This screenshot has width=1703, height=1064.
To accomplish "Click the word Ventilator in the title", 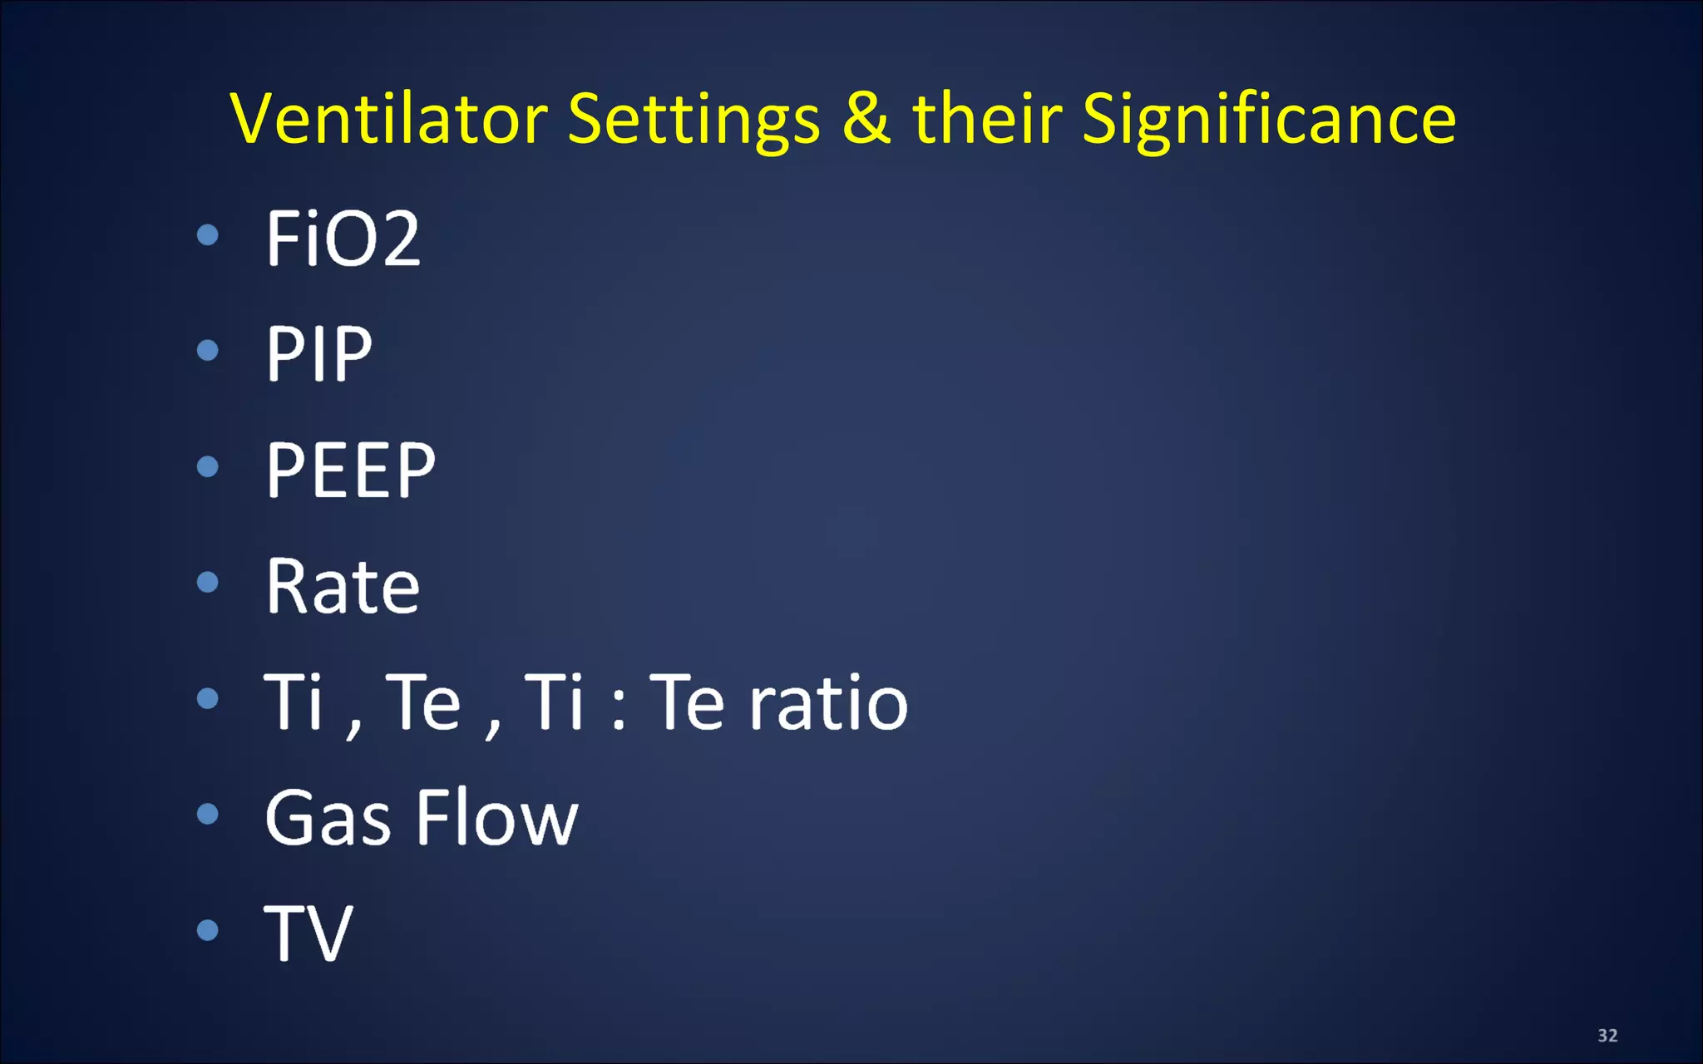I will [x=388, y=119].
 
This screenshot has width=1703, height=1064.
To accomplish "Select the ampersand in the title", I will [x=866, y=118].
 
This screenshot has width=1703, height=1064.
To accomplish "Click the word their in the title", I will [x=987, y=118].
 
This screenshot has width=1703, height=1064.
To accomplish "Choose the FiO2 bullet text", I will [x=343, y=239].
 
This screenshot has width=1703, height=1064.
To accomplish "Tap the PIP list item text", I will [x=318, y=354].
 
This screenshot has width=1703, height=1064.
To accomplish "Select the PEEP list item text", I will [x=350, y=470].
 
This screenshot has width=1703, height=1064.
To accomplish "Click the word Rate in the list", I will [x=343, y=587].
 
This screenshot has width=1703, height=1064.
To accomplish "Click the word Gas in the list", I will [x=328, y=820].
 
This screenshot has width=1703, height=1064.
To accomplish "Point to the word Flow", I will [x=497, y=818].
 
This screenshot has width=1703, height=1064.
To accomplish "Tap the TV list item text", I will [x=309, y=933].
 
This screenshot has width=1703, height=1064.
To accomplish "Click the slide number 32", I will [x=1607, y=1035].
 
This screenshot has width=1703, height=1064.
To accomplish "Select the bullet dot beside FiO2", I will [x=208, y=235].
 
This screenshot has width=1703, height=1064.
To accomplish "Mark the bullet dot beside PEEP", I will [x=208, y=466].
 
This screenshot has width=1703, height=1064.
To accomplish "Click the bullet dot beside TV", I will [x=208, y=929].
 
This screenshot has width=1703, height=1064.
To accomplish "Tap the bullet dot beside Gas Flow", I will [x=208, y=814].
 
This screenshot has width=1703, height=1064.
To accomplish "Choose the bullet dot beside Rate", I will [x=208, y=582].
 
